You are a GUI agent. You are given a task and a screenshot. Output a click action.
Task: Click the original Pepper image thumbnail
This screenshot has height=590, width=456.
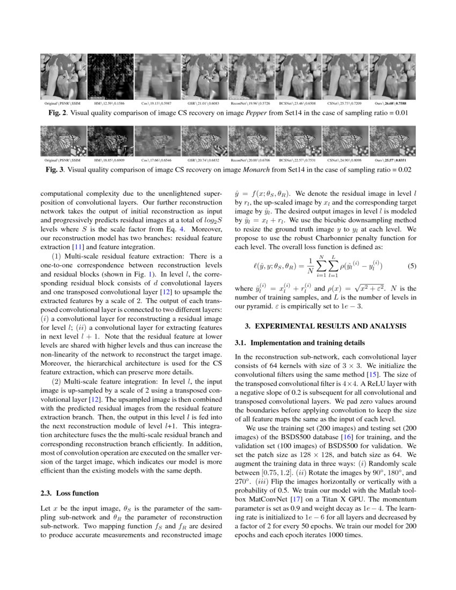63,77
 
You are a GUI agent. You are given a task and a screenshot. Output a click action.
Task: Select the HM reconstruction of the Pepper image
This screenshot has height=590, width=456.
110,77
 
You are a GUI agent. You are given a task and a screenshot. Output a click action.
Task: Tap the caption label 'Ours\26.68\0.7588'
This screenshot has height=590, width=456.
392,104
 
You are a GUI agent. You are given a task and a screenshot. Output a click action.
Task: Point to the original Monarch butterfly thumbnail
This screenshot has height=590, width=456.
63,141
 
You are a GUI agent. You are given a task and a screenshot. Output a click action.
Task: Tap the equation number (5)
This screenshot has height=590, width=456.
411,265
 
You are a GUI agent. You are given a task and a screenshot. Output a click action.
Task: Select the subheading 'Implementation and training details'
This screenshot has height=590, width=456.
307,342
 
